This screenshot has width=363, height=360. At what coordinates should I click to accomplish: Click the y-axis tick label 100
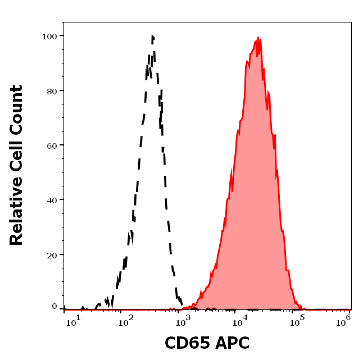50,36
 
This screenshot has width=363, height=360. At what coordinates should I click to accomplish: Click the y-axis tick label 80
52,90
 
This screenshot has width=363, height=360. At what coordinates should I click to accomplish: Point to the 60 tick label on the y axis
52,145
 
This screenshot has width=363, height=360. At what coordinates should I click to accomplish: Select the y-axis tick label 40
52,200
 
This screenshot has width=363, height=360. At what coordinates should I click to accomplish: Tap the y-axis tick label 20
52,255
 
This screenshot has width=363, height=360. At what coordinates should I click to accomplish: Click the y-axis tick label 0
55,307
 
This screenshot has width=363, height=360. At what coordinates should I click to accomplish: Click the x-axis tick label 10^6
346,320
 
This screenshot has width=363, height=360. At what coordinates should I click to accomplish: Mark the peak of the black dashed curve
152,37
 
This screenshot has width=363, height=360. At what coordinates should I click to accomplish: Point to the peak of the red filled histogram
258,38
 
